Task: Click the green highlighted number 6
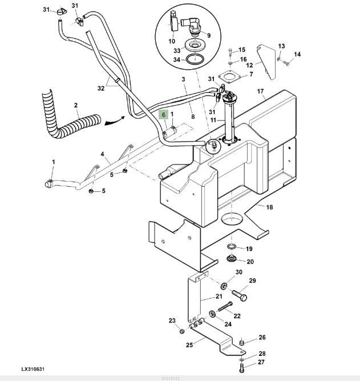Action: [x=164, y=114]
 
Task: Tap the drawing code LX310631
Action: [x=33, y=369]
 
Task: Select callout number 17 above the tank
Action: [x=260, y=91]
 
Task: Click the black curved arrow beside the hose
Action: [x=115, y=121]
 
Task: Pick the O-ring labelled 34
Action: [x=195, y=59]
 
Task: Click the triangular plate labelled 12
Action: [x=267, y=62]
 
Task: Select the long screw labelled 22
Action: [x=225, y=306]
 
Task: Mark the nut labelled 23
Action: [x=182, y=331]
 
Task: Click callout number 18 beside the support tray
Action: [x=269, y=207]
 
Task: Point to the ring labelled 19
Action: [x=232, y=247]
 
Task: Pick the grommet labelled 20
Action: [x=232, y=258]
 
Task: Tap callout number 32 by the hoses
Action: [x=101, y=88]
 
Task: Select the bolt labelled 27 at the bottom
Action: [x=241, y=368]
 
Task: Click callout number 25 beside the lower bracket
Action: [x=189, y=345]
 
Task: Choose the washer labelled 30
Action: [x=223, y=286]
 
